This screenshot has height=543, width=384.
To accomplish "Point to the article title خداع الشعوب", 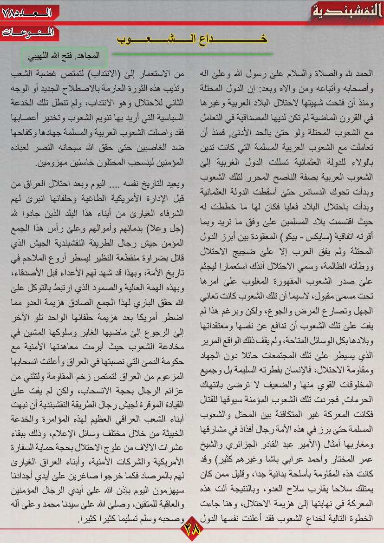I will point(192,39).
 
